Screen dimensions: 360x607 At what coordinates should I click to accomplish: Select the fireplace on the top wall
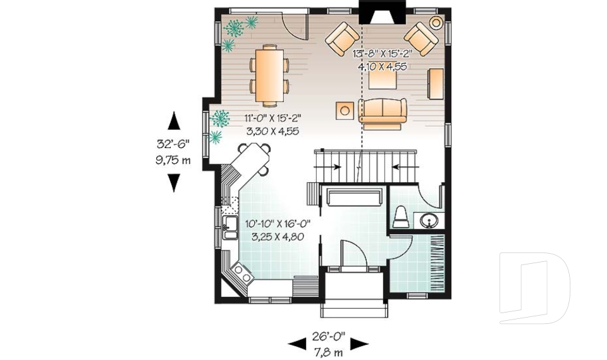pyautogui.click(x=381, y=13)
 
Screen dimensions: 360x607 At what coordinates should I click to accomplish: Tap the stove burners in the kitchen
pyautogui.click(x=241, y=273)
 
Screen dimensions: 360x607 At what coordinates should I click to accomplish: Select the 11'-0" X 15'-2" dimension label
pyautogui.click(x=272, y=118)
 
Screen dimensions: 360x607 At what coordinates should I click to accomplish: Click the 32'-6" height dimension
pyautogui.click(x=173, y=143)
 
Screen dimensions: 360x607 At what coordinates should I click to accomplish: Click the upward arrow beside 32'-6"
pyautogui.click(x=174, y=120)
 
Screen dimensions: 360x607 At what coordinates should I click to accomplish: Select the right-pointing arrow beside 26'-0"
pyautogui.click(x=359, y=344)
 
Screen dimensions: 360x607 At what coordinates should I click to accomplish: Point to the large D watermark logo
pyautogui.click(x=534, y=288)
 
